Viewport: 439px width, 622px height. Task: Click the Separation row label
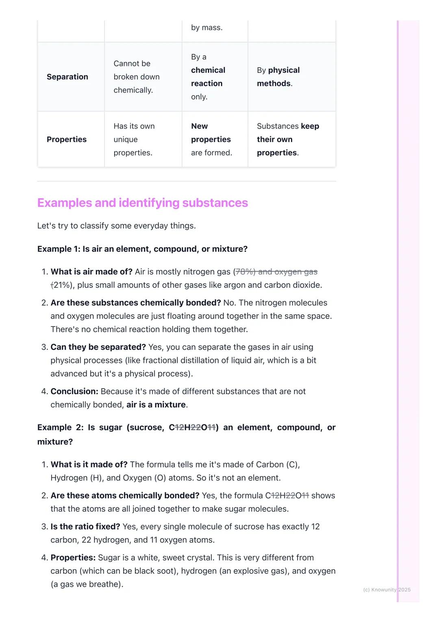pos(67,77)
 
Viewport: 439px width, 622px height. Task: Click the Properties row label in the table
pos(67,140)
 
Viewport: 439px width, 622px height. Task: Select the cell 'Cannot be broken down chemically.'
pos(137,77)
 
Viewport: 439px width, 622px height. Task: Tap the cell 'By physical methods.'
pos(278,77)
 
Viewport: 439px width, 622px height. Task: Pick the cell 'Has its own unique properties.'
pos(134,140)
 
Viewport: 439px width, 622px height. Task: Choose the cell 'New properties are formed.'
pos(211,140)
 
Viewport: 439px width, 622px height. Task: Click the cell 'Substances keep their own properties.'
pos(288,140)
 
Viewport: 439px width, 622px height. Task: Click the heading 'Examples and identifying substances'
pos(142,203)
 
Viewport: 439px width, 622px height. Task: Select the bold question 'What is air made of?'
pos(91,272)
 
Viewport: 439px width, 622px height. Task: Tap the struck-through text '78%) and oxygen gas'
pos(277,272)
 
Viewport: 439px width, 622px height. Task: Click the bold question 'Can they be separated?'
pos(98,347)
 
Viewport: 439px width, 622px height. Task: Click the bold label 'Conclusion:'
pos(74,392)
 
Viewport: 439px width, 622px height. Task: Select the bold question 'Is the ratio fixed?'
pos(85,527)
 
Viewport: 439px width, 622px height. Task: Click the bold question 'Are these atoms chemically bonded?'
pos(125,496)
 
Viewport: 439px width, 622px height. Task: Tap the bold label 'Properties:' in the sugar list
pos(73,558)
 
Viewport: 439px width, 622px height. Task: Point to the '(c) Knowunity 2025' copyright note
pos(387,590)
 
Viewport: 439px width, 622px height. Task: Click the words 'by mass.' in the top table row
pos(206,28)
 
